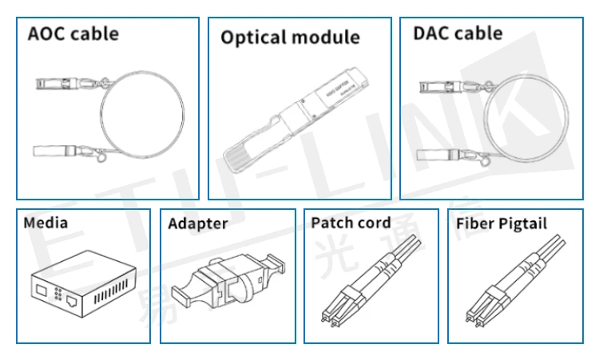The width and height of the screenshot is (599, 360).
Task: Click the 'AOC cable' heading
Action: point(73,34)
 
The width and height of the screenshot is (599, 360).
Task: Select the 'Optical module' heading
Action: point(290,38)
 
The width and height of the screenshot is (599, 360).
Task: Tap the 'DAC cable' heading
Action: point(458,34)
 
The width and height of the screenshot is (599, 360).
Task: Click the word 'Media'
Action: point(46,223)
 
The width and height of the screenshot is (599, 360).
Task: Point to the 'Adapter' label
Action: point(197,224)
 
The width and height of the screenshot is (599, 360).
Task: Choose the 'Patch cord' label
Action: point(351,223)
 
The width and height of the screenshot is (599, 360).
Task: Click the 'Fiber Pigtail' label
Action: point(502,224)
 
